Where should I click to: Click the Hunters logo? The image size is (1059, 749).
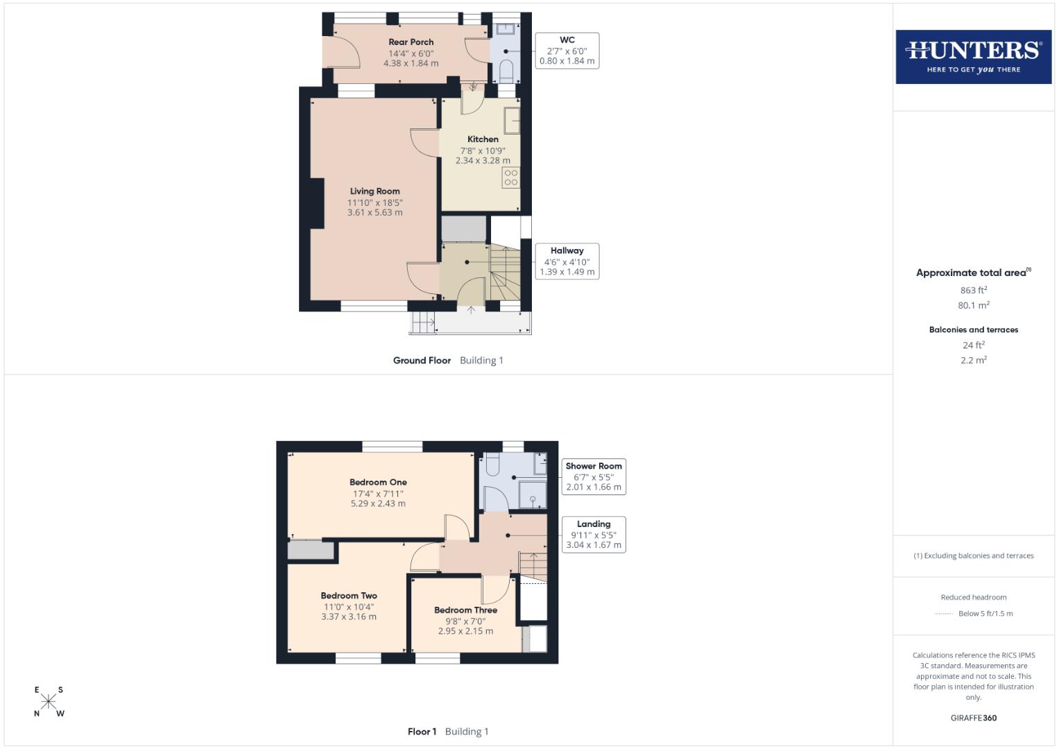(x=973, y=57)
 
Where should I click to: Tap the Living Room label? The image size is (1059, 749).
(x=374, y=191)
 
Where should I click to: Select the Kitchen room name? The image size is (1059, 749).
(x=483, y=139)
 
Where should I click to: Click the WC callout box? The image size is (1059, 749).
(x=567, y=51)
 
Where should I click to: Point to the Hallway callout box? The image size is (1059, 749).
(x=567, y=261)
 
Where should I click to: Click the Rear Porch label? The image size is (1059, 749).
(x=411, y=42)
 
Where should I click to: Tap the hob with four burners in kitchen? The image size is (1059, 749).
(x=511, y=178)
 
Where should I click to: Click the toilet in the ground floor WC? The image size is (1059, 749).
(x=506, y=70)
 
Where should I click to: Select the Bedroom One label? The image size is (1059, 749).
(x=378, y=482)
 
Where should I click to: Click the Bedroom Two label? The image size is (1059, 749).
(x=349, y=595)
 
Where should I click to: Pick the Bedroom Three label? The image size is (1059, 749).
(x=465, y=610)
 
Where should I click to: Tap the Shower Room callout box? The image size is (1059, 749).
(x=594, y=476)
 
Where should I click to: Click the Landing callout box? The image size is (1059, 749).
(x=594, y=535)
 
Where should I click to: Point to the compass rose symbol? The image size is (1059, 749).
(x=49, y=702)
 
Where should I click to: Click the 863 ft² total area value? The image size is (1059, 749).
(x=973, y=290)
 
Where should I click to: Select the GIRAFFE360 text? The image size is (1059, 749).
(x=973, y=718)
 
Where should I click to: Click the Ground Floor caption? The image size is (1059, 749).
(x=422, y=360)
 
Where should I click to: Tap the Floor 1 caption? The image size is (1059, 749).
(x=422, y=731)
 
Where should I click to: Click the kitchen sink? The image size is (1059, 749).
(x=513, y=120)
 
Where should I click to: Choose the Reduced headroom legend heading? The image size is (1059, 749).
(x=973, y=597)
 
